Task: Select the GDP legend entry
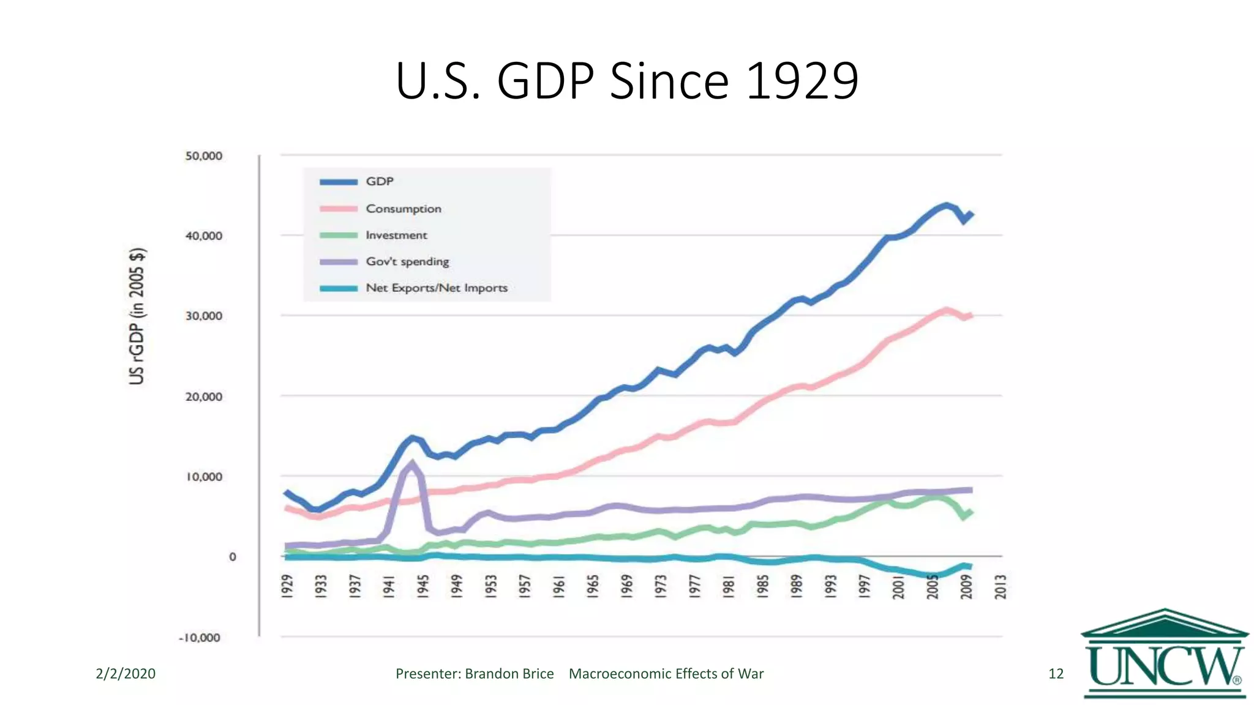pos(380,181)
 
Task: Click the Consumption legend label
pos(403,209)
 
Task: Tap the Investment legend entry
pos(396,235)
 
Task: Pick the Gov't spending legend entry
pos(407,261)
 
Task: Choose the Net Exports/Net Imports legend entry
pos(436,288)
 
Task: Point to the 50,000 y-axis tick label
pos(204,156)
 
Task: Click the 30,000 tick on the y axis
pos(204,316)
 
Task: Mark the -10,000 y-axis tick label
pos(200,637)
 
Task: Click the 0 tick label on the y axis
pos(232,557)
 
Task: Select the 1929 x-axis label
pos(287,586)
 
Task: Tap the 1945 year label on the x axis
pos(422,586)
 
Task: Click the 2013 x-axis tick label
pos(1001,586)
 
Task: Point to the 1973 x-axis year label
pos(660,586)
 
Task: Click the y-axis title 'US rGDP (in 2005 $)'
pos(137,316)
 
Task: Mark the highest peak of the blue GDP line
pos(947,206)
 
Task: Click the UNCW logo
pos(1165,654)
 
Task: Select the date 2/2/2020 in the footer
pos(126,674)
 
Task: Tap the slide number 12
pos(1056,674)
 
